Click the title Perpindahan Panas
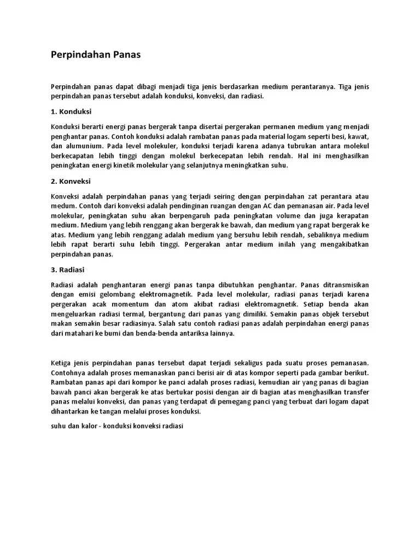[x=96, y=55]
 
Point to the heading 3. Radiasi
[x=68, y=270]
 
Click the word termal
[x=140, y=314]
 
